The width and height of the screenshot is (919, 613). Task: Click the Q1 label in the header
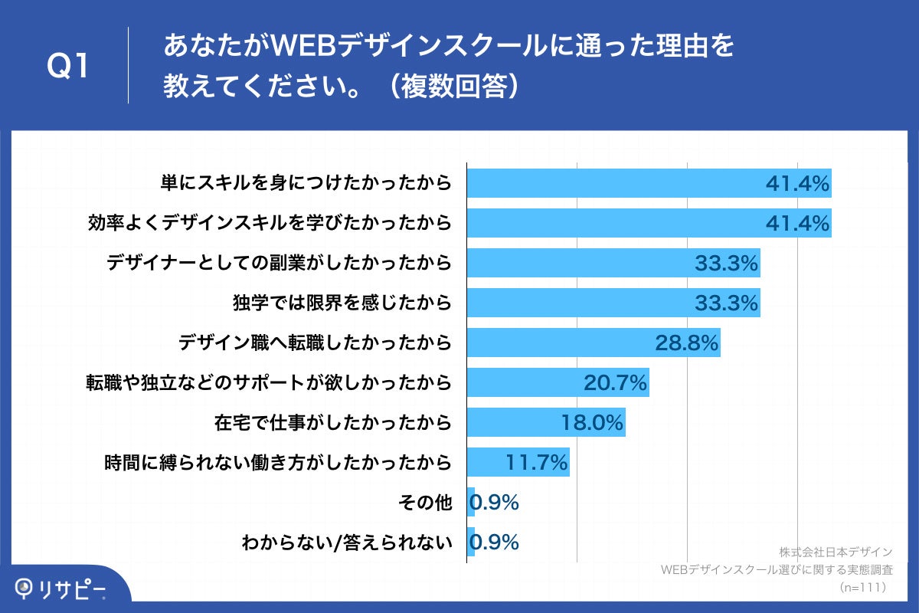(x=68, y=67)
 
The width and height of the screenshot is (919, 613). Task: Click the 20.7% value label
(x=615, y=382)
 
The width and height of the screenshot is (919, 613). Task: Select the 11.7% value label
(x=536, y=462)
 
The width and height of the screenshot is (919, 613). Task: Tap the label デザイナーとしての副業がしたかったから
(x=279, y=264)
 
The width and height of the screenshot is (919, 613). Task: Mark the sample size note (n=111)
(x=862, y=587)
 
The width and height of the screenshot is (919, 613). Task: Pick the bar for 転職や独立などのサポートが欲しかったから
(x=558, y=382)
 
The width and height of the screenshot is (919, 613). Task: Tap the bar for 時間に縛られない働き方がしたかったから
(x=518, y=462)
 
